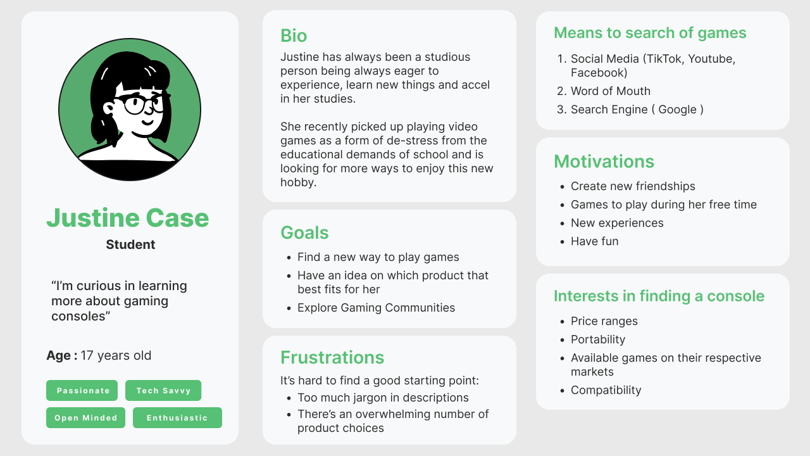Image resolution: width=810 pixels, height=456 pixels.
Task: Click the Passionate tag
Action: click(x=82, y=391)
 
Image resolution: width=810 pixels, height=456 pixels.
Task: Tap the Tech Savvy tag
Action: click(x=163, y=391)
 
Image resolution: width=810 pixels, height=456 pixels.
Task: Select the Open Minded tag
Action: click(x=85, y=417)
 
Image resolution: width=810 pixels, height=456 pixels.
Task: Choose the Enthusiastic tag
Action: click(x=177, y=417)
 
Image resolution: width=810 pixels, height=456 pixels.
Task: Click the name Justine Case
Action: click(x=128, y=218)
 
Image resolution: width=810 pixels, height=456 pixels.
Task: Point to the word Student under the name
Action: click(x=130, y=244)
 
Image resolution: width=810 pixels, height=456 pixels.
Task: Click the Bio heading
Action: click(x=294, y=36)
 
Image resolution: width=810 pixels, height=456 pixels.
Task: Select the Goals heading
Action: click(x=304, y=232)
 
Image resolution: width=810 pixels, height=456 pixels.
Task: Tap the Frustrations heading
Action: click(x=332, y=358)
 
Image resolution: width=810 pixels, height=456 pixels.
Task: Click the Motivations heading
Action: click(x=604, y=161)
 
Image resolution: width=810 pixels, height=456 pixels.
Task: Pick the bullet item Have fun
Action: click(x=594, y=241)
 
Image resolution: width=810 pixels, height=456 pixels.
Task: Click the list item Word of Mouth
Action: click(x=611, y=91)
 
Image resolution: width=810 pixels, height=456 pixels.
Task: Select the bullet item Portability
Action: click(x=598, y=339)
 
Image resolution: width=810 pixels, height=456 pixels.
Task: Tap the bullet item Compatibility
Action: click(x=606, y=390)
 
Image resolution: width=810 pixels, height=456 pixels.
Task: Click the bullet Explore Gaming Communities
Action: click(x=376, y=308)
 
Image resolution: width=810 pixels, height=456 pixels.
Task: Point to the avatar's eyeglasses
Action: click(x=143, y=103)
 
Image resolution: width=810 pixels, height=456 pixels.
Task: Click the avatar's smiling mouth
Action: click(x=147, y=122)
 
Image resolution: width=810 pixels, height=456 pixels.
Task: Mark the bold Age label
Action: click(x=62, y=355)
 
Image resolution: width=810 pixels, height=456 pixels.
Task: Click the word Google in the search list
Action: click(x=677, y=110)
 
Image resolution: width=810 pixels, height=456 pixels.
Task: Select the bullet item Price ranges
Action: click(x=604, y=321)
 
